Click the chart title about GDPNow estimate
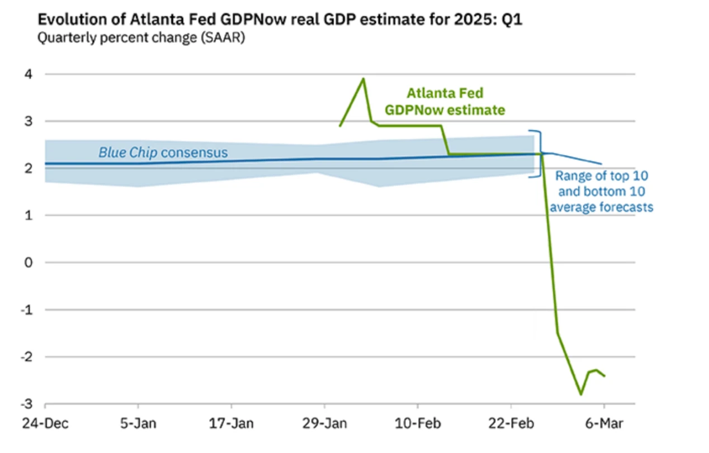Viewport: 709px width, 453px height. [280, 20]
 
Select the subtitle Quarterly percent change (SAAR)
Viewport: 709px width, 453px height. [141, 39]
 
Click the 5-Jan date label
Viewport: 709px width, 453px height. [138, 423]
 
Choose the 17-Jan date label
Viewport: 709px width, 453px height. [231, 423]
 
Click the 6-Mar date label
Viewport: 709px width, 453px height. [604, 423]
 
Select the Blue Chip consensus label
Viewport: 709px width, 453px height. [163, 152]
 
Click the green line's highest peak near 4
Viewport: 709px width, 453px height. [363, 79]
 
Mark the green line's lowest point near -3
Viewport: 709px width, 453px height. [581, 394]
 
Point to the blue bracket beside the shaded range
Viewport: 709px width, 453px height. [539, 154]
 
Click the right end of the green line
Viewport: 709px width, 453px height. [604, 376]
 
